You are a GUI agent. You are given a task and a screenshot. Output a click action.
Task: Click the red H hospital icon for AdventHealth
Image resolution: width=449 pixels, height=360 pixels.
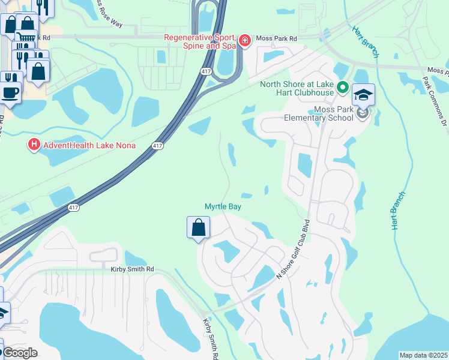click(x=34, y=145)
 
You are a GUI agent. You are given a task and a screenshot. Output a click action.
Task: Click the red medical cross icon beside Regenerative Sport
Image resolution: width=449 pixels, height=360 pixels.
click(x=244, y=41)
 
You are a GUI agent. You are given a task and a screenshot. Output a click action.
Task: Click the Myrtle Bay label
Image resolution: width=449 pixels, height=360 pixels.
click(x=223, y=206)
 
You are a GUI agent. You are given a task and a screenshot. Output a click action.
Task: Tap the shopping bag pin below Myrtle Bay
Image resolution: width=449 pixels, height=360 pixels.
click(x=199, y=229)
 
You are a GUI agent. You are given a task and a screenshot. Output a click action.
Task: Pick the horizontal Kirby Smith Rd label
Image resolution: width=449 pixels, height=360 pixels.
click(x=132, y=269)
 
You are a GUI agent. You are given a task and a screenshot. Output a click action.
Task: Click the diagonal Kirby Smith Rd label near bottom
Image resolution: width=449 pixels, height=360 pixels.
click(x=210, y=339)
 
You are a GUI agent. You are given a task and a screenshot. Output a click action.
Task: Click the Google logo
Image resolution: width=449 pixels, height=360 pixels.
click(x=20, y=353)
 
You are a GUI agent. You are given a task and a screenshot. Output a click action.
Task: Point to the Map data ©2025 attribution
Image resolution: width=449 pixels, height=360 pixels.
click(x=423, y=355)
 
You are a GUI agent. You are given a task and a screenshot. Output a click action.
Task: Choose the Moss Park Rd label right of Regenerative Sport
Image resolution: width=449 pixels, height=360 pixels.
click(x=277, y=39)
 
